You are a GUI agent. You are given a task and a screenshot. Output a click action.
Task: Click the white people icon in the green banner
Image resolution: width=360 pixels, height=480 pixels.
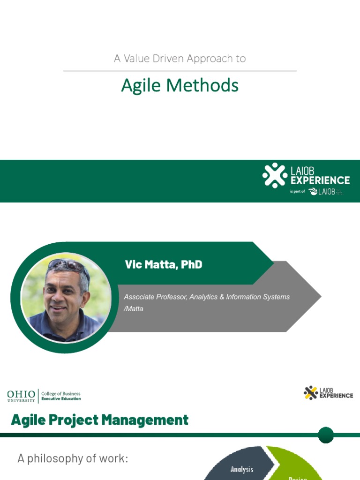coord(275,175)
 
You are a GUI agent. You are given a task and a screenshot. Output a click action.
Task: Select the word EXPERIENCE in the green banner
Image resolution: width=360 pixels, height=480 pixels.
coord(320,180)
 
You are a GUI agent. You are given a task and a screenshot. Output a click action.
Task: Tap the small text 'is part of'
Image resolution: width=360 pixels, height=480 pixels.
coord(297,192)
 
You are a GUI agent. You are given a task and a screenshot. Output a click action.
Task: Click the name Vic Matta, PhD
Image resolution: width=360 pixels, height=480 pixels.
coord(164,264)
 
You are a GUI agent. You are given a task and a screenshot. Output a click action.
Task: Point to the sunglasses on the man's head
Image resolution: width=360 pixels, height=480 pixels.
coord(68,266)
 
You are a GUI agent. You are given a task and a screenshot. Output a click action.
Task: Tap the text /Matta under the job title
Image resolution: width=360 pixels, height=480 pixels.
coord(134,309)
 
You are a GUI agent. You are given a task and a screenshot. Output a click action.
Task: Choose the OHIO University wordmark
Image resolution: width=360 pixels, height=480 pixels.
coord(21,396)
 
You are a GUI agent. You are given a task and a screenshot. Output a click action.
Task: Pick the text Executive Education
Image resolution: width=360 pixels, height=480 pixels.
coord(61,399)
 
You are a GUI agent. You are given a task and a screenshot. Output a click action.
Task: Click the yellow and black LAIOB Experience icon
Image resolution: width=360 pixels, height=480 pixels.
coord(310,392)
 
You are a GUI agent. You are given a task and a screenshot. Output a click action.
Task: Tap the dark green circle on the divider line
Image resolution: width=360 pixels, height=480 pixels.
coord(326,435)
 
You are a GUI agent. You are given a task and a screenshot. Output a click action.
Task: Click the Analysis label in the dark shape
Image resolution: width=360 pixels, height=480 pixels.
coord(242,469)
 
